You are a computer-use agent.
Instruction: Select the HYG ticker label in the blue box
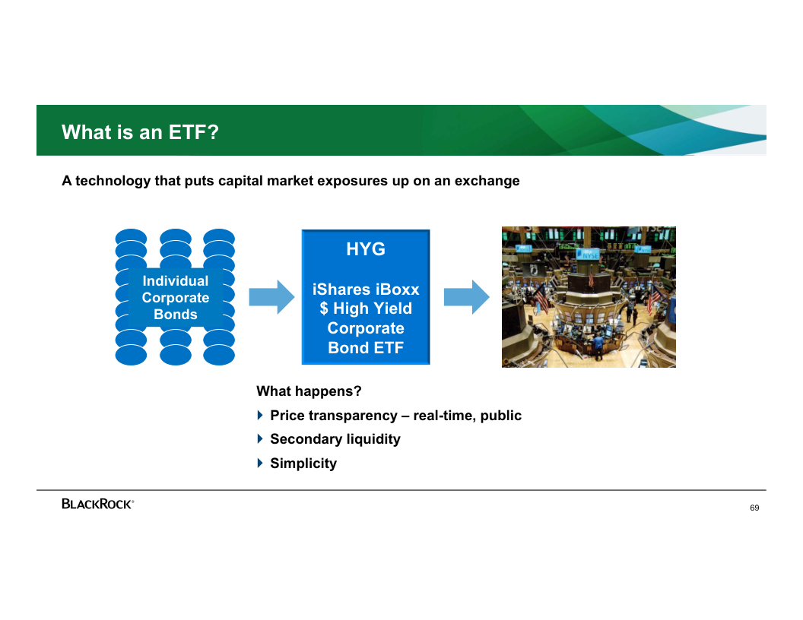[366, 249]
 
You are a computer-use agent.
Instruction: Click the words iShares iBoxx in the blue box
[366, 289]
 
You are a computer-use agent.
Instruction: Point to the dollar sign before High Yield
[324, 308]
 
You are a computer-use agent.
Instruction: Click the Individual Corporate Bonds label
[176, 297]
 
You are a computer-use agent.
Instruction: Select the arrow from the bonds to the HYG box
[272, 296]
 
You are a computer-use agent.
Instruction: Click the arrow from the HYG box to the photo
[467, 296]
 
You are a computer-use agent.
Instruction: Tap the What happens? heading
[309, 391]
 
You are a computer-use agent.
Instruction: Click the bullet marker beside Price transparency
[259, 415]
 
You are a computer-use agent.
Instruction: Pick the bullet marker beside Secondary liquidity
[259, 438]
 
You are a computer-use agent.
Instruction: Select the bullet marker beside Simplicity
[259, 463]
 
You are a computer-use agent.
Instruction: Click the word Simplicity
[303, 463]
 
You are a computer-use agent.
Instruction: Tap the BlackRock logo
[98, 504]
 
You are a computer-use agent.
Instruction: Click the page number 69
[754, 508]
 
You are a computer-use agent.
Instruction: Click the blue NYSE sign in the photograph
[588, 255]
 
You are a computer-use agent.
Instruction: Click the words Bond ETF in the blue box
[366, 348]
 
